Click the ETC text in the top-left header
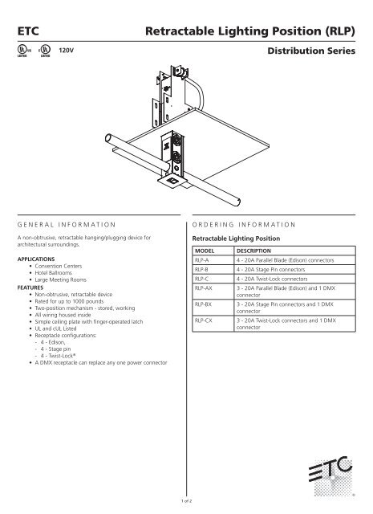pos(26,31)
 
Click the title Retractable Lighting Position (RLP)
pos(256,31)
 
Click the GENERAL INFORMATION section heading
pos(67,220)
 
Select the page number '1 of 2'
pos(186,500)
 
